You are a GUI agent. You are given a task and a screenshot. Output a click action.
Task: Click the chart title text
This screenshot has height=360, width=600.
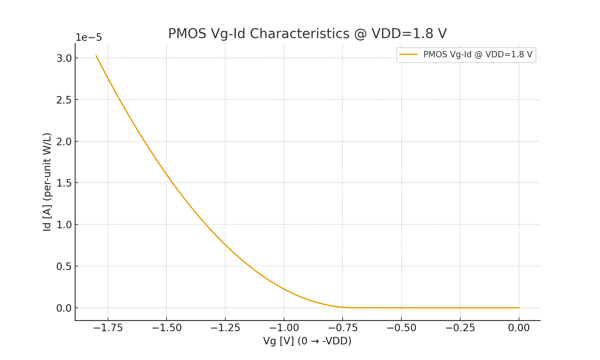click(307, 34)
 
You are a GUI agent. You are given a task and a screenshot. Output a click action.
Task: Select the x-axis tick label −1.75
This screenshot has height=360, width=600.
click(108, 328)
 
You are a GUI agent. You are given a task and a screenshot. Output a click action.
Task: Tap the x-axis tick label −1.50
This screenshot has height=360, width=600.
click(167, 328)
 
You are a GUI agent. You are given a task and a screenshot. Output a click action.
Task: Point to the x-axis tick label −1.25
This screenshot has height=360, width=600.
click(225, 328)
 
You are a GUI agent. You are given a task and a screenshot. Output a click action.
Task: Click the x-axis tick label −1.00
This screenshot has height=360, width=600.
click(284, 328)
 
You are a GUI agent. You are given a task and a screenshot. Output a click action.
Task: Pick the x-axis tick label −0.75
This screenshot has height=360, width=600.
click(343, 328)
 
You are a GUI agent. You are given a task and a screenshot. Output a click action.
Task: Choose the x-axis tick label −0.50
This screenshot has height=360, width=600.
click(401, 328)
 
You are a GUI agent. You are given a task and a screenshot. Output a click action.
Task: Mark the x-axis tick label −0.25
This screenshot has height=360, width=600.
click(460, 328)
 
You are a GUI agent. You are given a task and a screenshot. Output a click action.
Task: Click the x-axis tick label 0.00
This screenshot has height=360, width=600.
click(519, 328)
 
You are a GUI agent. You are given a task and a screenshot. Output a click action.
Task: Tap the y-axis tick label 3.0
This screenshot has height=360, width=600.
click(64, 58)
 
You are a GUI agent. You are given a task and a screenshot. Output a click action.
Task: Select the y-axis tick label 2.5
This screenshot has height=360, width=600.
click(64, 100)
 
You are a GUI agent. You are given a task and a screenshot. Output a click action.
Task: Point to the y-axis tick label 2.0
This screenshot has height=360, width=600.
click(64, 142)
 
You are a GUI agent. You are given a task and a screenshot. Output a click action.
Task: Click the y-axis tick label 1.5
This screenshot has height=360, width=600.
click(64, 183)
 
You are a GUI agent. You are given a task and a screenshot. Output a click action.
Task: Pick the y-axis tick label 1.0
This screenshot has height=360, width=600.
click(64, 225)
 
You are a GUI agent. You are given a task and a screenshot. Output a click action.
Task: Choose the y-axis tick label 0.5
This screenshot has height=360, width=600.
click(64, 266)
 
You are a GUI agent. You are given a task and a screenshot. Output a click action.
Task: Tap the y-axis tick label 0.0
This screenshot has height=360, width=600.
click(64, 308)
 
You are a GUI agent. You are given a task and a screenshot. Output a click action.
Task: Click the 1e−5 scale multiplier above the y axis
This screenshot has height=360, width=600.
click(88, 38)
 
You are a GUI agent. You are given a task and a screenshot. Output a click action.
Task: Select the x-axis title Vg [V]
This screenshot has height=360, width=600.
click(307, 341)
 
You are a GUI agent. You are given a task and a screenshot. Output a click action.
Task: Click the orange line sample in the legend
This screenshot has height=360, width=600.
click(408, 55)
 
